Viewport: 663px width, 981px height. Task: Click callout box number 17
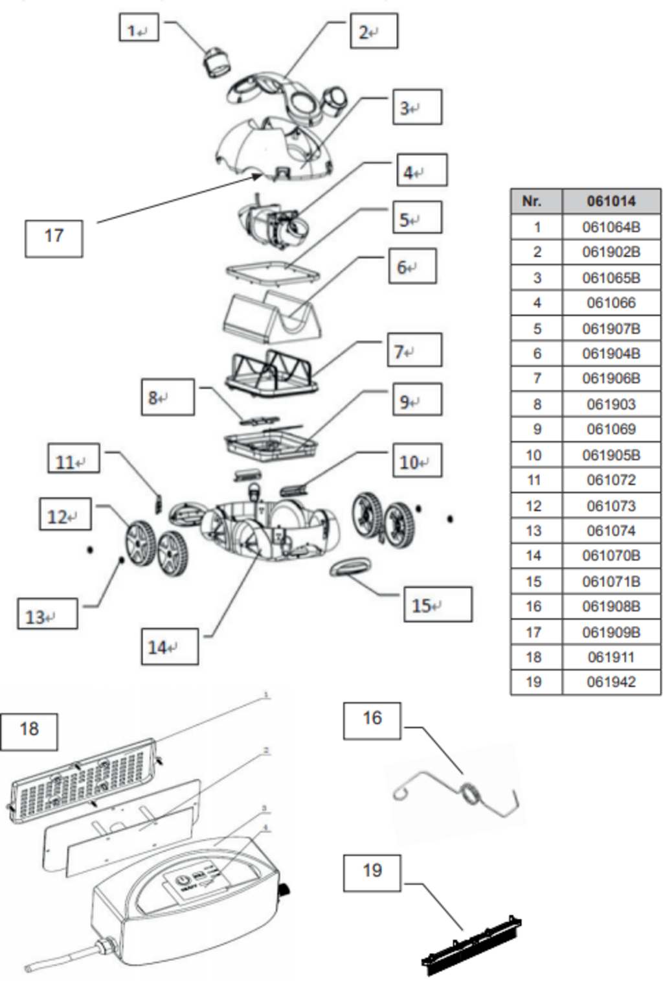(54, 238)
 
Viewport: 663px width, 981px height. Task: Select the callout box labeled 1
(139, 28)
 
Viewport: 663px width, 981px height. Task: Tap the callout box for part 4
(421, 170)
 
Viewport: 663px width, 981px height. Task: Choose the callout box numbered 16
(372, 721)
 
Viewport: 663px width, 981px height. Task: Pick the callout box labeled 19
(372, 873)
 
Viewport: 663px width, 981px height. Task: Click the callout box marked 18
(29, 732)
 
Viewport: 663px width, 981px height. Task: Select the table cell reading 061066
(611, 303)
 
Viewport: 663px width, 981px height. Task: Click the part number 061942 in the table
(611, 682)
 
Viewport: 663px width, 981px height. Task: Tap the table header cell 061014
(611, 201)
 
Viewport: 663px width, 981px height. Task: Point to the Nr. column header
(536, 201)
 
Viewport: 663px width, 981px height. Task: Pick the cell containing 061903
(611, 404)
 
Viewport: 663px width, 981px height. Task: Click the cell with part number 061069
(611, 430)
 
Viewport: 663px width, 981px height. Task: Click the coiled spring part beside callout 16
(471, 794)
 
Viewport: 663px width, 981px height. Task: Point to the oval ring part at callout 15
(352, 569)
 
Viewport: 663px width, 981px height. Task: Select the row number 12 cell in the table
(536, 506)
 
